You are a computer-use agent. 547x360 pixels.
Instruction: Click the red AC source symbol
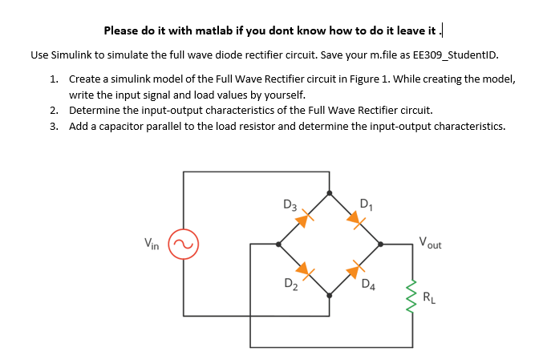click(x=183, y=243)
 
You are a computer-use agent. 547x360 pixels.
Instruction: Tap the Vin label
click(x=151, y=243)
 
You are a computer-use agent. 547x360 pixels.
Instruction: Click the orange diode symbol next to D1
click(x=354, y=217)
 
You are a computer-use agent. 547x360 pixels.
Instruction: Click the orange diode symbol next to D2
click(x=305, y=269)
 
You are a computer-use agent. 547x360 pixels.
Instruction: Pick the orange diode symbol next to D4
click(x=354, y=269)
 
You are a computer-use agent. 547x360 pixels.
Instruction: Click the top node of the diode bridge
click(x=330, y=192)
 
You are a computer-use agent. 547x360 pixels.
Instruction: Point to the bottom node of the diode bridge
click(x=330, y=294)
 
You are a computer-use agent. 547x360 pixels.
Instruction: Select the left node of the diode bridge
click(x=278, y=243)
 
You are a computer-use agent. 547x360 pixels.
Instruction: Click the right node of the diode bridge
click(x=380, y=243)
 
